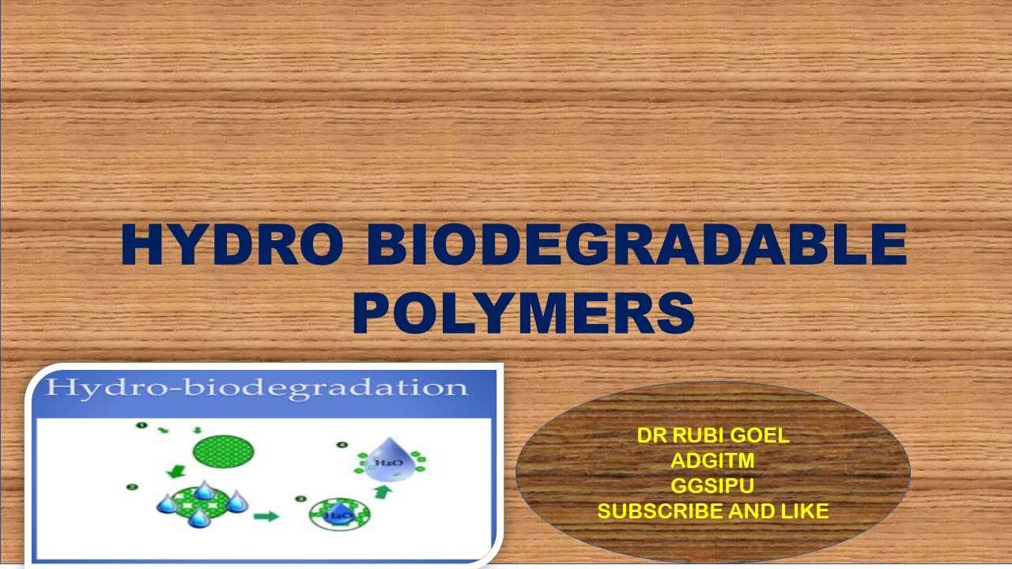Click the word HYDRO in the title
click(232, 246)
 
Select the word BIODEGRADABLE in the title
click(636, 246)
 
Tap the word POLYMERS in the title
click(523, 312)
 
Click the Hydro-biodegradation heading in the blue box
click(256, 387)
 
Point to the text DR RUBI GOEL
click(713, 435)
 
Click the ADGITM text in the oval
click(713, 461)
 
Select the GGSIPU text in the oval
click(713, 486)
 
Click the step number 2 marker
click(133, 487)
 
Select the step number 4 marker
click(342, 445)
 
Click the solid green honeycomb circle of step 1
click(224, 451)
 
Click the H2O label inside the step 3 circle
click(339, 515)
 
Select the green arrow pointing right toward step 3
click(266, 517)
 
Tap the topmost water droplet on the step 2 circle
click(205, 490)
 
